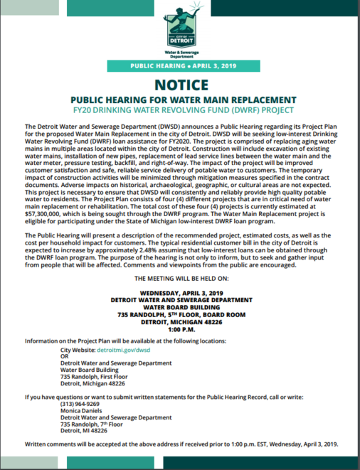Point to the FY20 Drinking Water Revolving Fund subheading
(x=180, y=111)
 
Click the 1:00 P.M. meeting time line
(x=180, y=329)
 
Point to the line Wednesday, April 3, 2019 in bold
(x=180, y=292)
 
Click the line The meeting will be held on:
(x=180, y=277)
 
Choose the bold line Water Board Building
(x=180, y=307)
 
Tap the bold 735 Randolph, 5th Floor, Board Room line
(x=180, y=314)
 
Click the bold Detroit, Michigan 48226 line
(x=180, y=322)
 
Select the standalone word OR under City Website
(x=65, y=358)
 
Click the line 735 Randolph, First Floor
(x=95, y=377)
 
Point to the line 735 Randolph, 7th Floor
(x=92, y=424)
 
